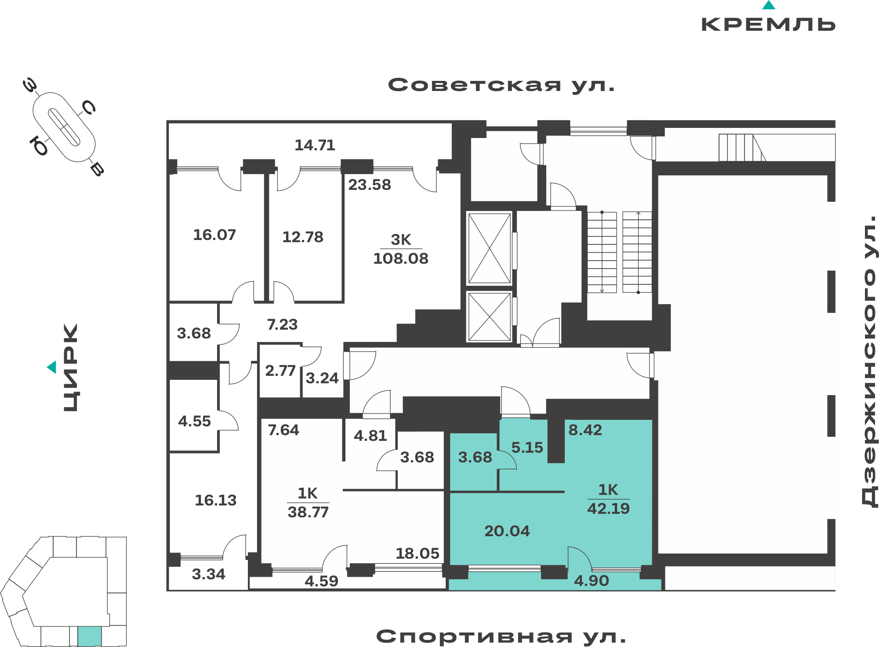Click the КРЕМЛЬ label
tap(768, 24)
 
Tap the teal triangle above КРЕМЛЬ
tap(769, 5)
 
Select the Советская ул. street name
tap(501, 85)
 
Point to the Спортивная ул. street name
tap(501, 636)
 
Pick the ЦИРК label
tap(71, 367)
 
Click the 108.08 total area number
tap(400, 258)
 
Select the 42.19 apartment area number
tap(608, 509)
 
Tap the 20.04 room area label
tap(507, 531)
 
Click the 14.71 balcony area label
tap(315, 145)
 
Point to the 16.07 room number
tap(214, 235)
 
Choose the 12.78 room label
tap(303, 237)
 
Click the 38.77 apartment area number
tap(308, 512)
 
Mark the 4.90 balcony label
tap(592, 581)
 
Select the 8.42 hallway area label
tap(585, 430)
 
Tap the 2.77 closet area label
tap(280, 371)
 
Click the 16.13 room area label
tap(216, 500)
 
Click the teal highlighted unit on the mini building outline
tap(90, 636)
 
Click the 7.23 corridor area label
tap(282, 324)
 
